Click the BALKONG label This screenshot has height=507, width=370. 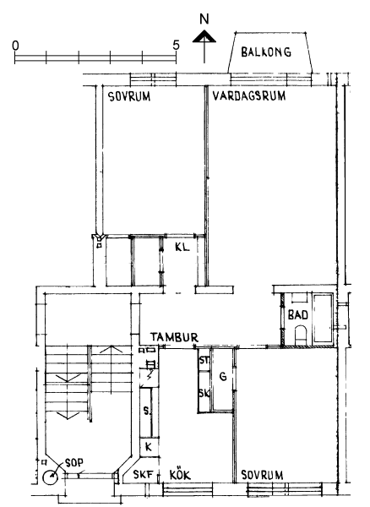pos(266,52)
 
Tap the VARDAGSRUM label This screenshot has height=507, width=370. pos(249,96)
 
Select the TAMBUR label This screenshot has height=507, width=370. pos(174,337)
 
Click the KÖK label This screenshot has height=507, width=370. pos(180,474)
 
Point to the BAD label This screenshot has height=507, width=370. pos(298,315)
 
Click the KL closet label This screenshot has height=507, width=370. pos(182,248)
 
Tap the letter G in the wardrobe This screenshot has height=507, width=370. pos(223,377)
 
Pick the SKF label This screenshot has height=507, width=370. pos(143,475)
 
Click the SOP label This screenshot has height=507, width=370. pos(74,463)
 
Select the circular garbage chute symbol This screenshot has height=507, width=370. pos(50,477)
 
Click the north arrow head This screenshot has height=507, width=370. pos(204,36)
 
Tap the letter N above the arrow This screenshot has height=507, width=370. pos(204,19)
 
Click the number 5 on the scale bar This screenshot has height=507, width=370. pos(176,46)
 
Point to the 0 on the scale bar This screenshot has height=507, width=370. pos(15,46)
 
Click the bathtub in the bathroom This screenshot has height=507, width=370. pos(323,318)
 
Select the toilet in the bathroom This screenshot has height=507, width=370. pos(302,335)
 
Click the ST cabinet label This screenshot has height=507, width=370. pos(204,360)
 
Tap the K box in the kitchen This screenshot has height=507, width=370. pos(149,447)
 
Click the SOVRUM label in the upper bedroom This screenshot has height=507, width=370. pos(129,96)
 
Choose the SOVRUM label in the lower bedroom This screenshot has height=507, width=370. pos(262,475)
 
